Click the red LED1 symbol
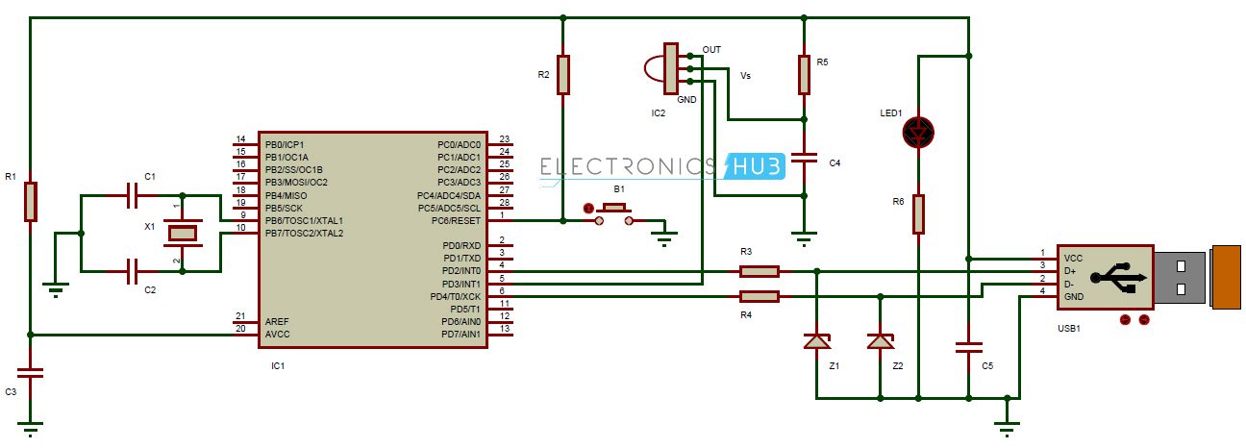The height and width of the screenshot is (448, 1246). [918, 133]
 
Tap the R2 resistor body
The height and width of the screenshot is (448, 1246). [563, 74]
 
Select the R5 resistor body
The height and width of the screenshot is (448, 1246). [804, 74]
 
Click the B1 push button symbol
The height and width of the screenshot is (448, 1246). [612, 209]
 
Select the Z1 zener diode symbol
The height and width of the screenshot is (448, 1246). [816, 341]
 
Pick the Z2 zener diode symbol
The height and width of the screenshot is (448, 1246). [880, 341]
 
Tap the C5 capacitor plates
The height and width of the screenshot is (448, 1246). [968, 347]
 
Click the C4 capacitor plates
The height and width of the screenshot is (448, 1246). [804, 159]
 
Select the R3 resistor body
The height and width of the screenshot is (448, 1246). [760, 271]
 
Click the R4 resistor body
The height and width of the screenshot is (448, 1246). [760, 296]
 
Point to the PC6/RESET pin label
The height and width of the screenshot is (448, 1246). [458, 220]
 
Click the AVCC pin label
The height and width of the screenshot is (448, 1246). [278, 335]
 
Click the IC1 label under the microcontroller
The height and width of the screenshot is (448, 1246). [278, 366]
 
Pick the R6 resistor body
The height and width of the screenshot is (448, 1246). [918, 213]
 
